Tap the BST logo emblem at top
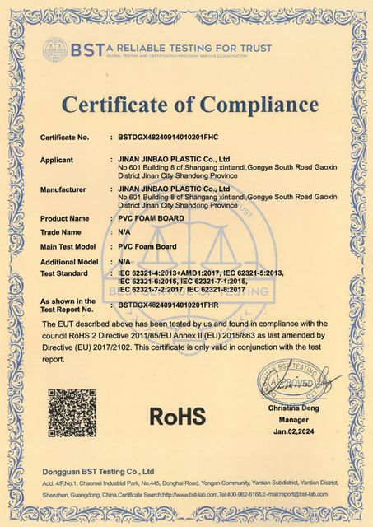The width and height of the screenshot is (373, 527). [x=55, y=50]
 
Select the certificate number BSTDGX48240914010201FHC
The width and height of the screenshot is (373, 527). [x=168, y=137]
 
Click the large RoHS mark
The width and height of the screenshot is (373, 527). [x=177, y=416]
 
